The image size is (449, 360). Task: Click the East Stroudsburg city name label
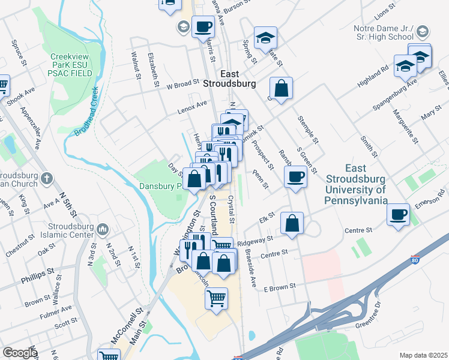coord(229,78)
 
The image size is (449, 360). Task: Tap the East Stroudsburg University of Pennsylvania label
coord(357,184)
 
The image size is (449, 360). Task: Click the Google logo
coord(19,353)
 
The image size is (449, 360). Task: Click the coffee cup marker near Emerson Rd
coord(398,214)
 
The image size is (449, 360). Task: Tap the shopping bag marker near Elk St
coord(292,223)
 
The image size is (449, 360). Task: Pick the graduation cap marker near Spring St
coord(265,38)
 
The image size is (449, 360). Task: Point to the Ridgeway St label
coord(255,241)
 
